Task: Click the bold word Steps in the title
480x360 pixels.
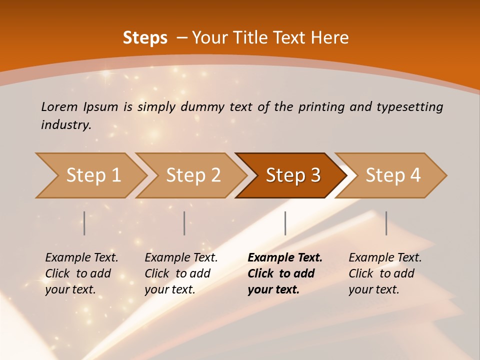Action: coord(145,38)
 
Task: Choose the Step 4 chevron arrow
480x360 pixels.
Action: coord(393,175)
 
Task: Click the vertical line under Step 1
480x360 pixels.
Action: coord(84,223)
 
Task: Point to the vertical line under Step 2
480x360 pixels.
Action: coord(184,223)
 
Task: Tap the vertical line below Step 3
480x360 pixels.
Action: coord(285,223)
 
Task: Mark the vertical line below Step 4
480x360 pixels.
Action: coord(386,223)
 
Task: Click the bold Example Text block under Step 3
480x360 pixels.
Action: coord(285,273)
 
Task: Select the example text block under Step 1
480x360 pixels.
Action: coord(81,273)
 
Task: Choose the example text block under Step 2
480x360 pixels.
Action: coord(181,273)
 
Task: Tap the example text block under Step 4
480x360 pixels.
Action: coord(385,273)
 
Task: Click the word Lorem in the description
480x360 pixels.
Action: coord(60,106)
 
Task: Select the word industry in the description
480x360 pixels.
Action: coord(65,125)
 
